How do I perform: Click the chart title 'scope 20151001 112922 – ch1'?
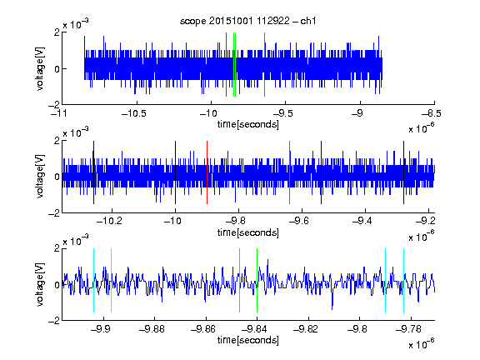tap(247, 21)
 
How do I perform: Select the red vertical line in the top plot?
tap(226, 65)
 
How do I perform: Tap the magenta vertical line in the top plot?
tap(264, 65)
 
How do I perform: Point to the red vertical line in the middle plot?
tap(207, 172)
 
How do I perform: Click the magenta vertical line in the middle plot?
tap(290, 172)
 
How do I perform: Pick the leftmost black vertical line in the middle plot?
tap(93, 172)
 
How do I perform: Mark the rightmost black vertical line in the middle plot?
tap(403, 172)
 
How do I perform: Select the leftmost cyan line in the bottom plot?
tap(93, 280)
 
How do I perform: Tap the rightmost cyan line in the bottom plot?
tap(403, 280)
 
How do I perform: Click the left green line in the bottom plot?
tap(239, 280)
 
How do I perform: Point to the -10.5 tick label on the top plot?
tap(134, 113)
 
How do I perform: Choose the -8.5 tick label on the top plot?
tap(431, 113)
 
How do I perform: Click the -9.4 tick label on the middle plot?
tap(362, 221)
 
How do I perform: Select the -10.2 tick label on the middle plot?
tap(109, 221)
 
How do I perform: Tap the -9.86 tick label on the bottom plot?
tap(203, 329)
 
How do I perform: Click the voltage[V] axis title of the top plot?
tap(40, 68)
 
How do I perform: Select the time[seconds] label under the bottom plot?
tap(248, 340)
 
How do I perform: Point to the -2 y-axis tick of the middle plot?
tap(54, 213)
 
